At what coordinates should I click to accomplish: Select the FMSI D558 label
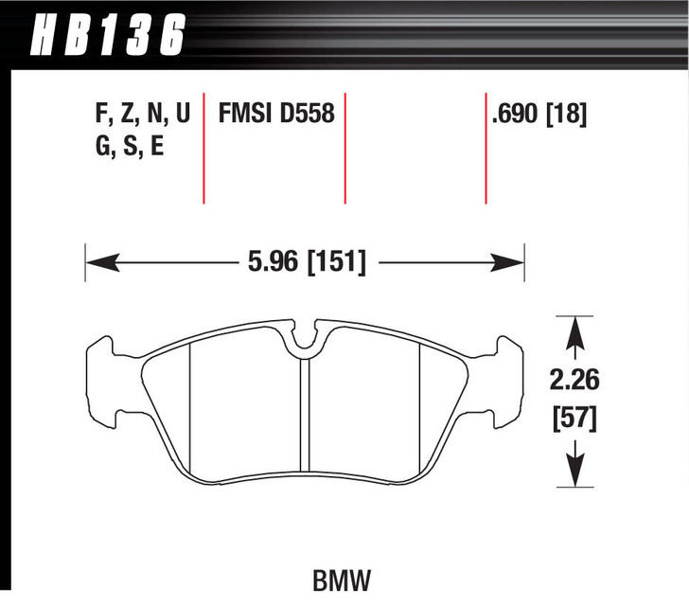[276, 116]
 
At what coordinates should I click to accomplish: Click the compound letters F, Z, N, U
[143, 116]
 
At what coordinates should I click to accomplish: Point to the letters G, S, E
[130, 149]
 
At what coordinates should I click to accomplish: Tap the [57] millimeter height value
[574, 418]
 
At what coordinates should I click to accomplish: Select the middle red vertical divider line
[344, 147]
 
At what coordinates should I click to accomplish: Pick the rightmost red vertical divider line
[486, 147]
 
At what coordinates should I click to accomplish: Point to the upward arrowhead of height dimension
[574, 330]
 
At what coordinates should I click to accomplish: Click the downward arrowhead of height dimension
[574, 471]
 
